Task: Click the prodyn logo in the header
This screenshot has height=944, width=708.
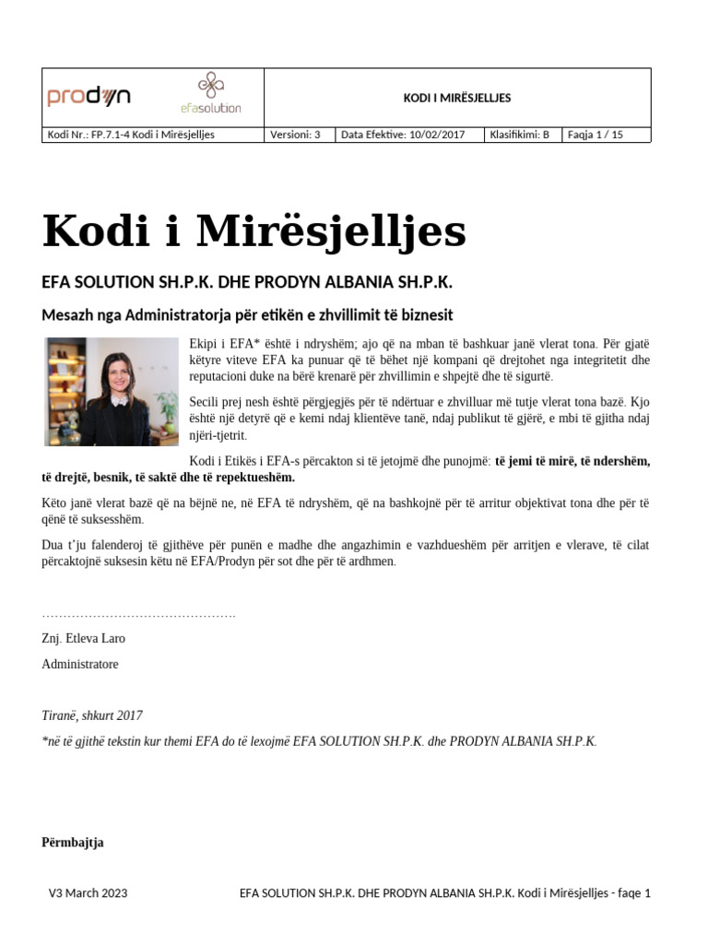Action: pyautogui.click(x=88, y=96)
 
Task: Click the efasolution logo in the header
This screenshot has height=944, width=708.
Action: pyautogui.click(x=211, y=93)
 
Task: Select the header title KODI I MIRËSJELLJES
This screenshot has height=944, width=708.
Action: pyautogui.click(x=457, y=98)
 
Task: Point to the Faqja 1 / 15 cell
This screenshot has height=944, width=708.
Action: pyautogui.click(x=596, y=135)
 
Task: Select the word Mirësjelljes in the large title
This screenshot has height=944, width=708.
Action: pyautogui.click(x=318, y=232)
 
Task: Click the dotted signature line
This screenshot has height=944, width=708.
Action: pyautogui.click(x=138, y=614)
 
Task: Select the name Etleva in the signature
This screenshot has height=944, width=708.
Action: pyautogui.click(x=85, y=638)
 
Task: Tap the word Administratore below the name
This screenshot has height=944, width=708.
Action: pyautogui.click(x=80, y=664)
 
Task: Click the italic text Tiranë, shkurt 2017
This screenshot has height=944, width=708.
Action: pyautogui.click(x=92, y=715)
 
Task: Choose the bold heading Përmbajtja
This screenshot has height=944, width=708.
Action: pyautogui.click(x=73, y=843)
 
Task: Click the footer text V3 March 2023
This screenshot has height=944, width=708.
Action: pyautogui.click(x=88, y=892)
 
